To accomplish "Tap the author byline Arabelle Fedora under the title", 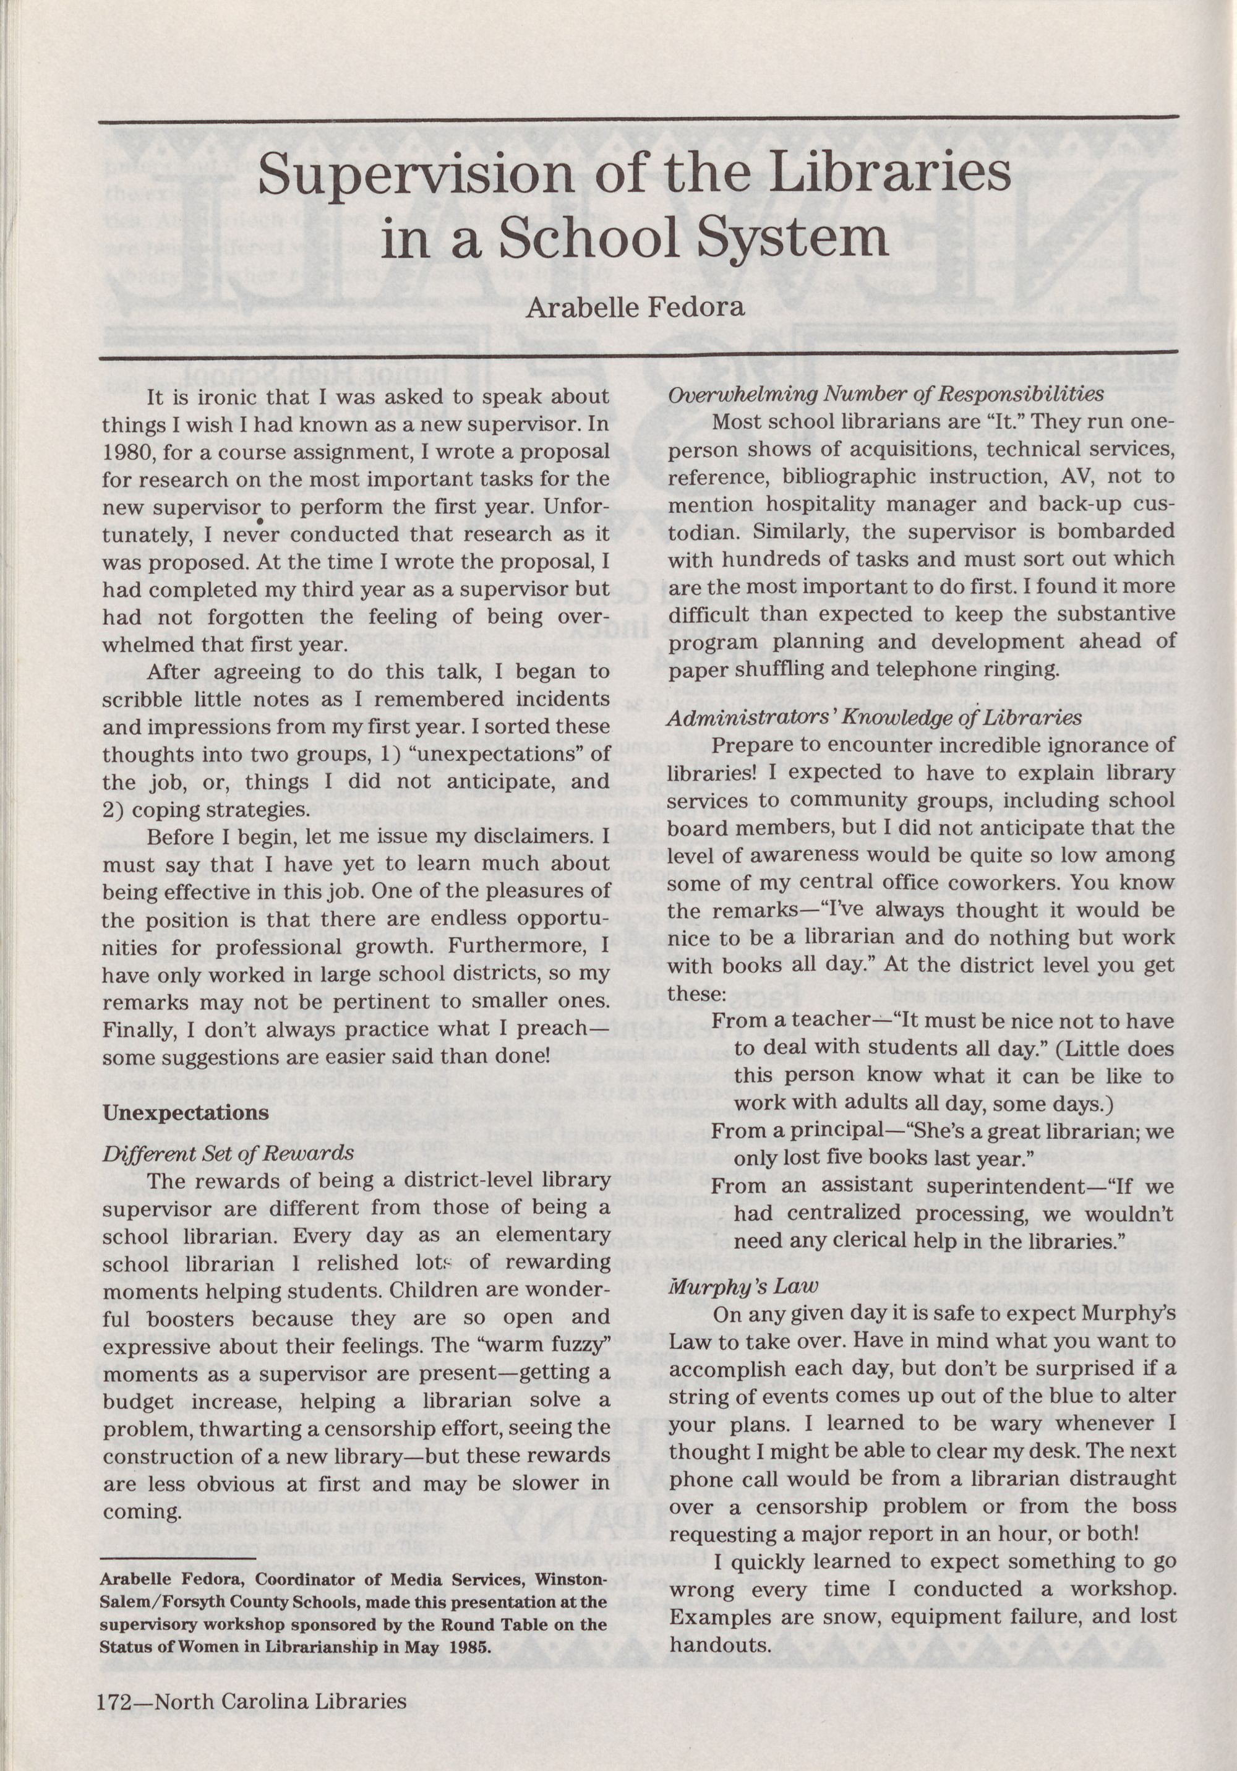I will pyautogui.click(x=635, y=308).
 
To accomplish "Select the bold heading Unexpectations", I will pyautogui.click(x=185, y=1113).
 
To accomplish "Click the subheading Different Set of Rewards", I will pyautogui.click(x=228, y=1153).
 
